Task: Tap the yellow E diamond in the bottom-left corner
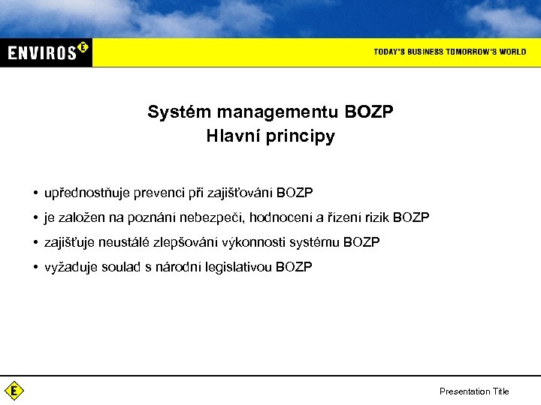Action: click(14, 391)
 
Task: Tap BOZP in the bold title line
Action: click(369, 112)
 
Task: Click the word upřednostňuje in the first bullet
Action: click(87, 193)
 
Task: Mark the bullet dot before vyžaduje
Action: click(36, 267)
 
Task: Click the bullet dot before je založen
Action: click(36, 217)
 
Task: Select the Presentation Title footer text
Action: click(474, 391)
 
